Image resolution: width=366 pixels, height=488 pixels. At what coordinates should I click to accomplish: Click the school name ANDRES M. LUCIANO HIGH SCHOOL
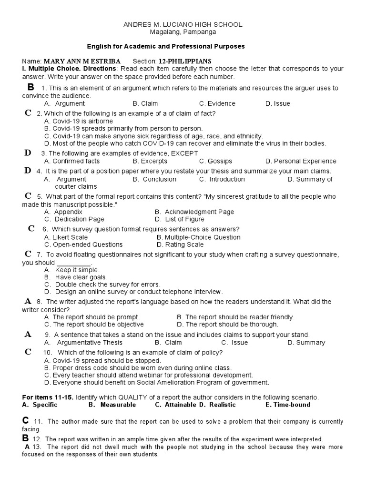(x=183, y=24)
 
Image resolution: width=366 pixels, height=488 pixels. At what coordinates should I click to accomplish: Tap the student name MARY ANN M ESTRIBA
(x=81, y=61)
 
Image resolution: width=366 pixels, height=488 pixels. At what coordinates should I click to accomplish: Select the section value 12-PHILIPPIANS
(x=185, y=61)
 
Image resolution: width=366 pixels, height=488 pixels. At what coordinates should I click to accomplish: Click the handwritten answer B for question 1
(x=31, y=87)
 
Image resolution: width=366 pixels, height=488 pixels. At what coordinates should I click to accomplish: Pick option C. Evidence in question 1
(x=217, y=103)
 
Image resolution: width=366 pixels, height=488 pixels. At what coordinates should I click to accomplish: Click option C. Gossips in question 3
(x=216, y=161)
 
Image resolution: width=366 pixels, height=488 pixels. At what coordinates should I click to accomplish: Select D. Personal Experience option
(x=301, y=161)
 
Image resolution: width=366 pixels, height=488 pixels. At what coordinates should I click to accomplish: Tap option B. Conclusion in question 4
(x=154, y=179)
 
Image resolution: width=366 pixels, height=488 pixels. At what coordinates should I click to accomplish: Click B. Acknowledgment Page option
(x=194, y=212)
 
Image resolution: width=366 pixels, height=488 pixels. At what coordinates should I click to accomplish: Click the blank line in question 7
(x=73, y=263)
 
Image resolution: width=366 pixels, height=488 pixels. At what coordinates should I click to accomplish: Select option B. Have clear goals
(x=76, y=277)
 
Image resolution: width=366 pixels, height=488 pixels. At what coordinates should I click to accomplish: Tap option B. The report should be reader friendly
(x=235, y=317)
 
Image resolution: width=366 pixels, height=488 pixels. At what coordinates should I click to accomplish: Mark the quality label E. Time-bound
(x=287, y=405)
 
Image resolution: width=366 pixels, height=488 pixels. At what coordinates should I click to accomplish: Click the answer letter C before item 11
(x=26, y=420)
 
